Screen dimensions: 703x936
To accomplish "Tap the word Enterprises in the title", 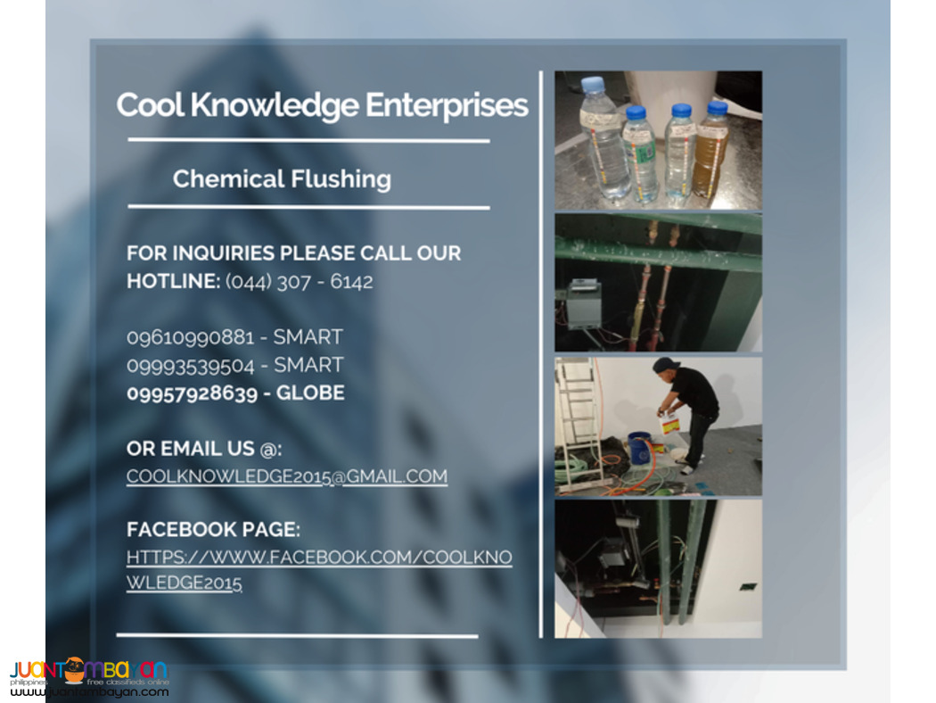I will [434, 106].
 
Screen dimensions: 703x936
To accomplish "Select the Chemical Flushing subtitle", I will [282, 178].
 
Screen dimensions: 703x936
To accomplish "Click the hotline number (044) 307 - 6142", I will [300, 282].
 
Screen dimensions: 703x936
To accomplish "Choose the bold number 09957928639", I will [192, 393].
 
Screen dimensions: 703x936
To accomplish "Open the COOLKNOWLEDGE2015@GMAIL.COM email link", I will [286, 476].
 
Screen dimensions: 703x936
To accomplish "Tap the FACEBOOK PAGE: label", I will [212, 529].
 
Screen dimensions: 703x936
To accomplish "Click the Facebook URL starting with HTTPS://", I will [318, 558].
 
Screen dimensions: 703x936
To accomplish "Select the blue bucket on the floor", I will [639, 447].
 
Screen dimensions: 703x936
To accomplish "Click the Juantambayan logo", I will [88, 671].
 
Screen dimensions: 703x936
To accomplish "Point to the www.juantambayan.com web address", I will [88, 691].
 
